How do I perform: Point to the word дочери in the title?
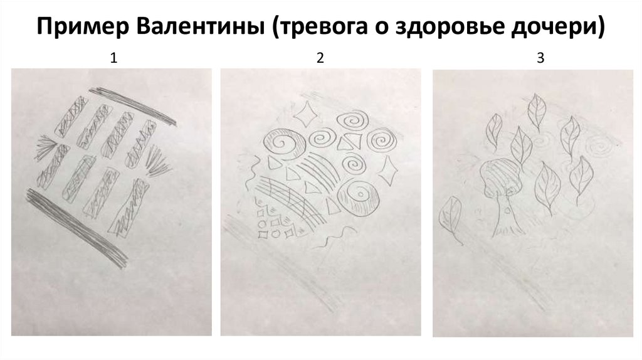557,28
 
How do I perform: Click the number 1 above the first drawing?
114,58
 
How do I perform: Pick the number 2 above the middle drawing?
320,58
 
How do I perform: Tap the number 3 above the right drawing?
540,58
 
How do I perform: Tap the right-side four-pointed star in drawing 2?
387,171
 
